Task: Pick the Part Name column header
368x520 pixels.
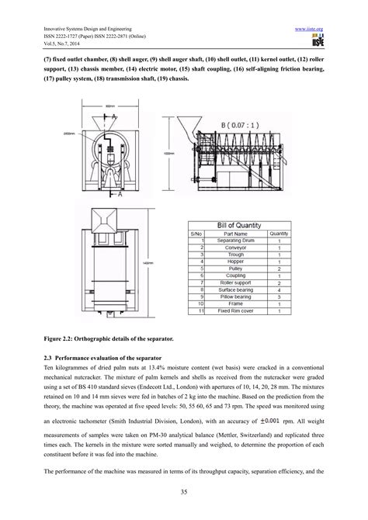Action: point(235,233)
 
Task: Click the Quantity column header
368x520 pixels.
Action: point(278,233)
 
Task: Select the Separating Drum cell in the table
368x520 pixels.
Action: point(235,240)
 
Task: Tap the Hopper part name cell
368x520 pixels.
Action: point(235,261)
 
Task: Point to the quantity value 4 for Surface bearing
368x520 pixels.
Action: point(278,289)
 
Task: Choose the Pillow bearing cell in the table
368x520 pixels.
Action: point(235,296)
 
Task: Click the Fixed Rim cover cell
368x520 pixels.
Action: point(235,310)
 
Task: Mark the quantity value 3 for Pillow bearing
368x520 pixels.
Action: point(278,296)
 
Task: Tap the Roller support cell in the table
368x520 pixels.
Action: point(235,282)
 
